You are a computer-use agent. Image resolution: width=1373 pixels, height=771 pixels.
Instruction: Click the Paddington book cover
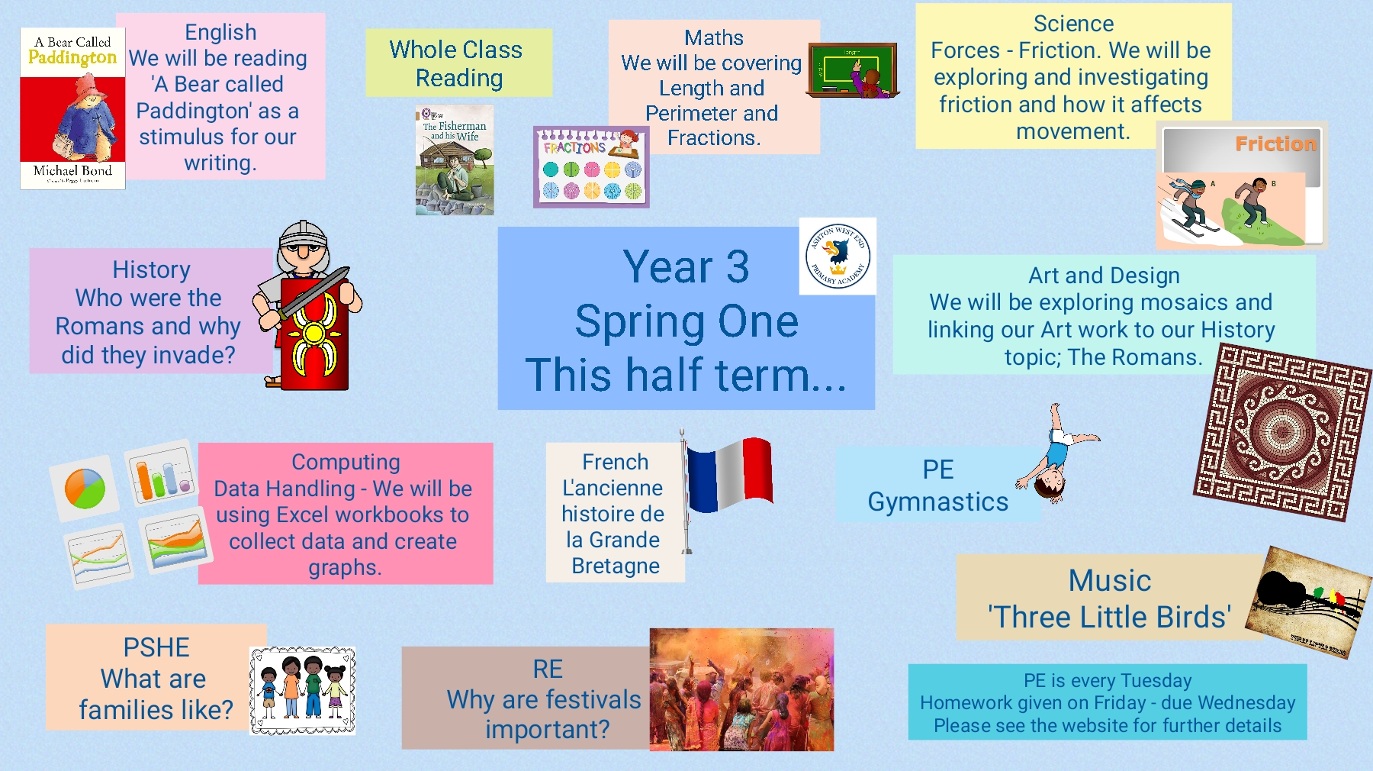click(72, 108)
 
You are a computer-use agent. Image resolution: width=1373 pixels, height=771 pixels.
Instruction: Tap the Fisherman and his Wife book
click(455, 160)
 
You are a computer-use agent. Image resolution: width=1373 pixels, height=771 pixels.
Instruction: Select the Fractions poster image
click(591, 167)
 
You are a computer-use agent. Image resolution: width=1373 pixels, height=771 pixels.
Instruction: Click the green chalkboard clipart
click(853, 70)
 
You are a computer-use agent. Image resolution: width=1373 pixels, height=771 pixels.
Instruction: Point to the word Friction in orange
click(1275, 144)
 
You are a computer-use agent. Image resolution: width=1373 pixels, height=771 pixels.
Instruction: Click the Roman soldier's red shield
click(314, 334)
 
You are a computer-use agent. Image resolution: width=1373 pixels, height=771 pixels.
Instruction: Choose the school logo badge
click(838, 256)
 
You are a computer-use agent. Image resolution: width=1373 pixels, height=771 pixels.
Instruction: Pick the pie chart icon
click(85, 489)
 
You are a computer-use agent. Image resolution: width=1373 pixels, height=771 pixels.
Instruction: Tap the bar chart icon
click(162, 473)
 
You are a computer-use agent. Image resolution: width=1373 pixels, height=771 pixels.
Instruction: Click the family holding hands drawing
click(303, 691)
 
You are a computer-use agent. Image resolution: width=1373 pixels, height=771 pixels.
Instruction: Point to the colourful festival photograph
click(741, 689)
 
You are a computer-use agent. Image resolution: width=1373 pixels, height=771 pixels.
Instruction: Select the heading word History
click(151, 269)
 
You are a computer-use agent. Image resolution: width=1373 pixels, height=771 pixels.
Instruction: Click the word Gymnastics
click(938, 502)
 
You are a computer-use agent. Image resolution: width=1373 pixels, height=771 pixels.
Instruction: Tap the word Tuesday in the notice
click(1156, 681)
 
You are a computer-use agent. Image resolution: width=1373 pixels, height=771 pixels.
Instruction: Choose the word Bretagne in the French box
click(616, 566)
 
